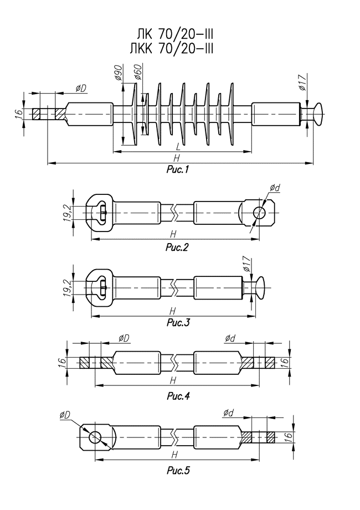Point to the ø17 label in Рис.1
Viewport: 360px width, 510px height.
[302, 81]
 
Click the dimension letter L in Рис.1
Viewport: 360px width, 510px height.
[177, 147]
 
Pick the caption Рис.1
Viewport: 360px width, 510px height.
[178, 170]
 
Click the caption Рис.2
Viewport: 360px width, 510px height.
[177, 248]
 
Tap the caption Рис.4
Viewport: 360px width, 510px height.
[178, 396]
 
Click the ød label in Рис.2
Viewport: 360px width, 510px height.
[275, 189]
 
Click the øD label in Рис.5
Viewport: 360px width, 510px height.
[66, 415]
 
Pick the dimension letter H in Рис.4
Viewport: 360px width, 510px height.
[173, 380]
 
